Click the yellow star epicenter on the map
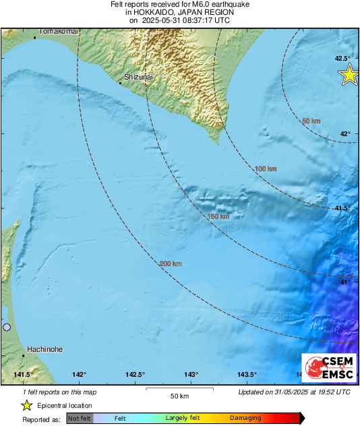point(349,75)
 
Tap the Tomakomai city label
point(59,32)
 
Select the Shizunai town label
point(139,78)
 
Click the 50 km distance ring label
point(311,121)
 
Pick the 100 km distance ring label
point(266,169)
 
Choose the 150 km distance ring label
point(218,217)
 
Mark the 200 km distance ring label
point(171,264)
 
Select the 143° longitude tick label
point(191,375)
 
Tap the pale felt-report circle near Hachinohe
point(7,327)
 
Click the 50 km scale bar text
point(179,396)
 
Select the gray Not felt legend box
point(80,419)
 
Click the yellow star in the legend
point(27,405)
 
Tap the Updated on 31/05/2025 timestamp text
point(294,392)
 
